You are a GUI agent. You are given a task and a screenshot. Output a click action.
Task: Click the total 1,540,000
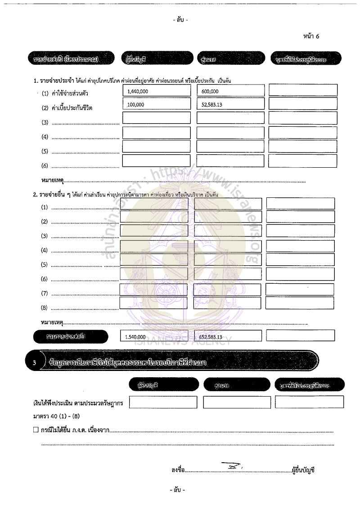pos(135,336)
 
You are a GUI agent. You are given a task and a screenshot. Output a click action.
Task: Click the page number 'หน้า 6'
pos(311,36)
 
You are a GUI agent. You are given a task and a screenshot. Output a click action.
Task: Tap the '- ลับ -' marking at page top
pos(180,20)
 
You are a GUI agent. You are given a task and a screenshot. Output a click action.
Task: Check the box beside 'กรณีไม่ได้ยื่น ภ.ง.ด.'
pos(36,430)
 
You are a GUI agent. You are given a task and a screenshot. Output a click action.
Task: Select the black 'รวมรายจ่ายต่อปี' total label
pos(71,336)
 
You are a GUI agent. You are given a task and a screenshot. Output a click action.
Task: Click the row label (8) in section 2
pos(45,308)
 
